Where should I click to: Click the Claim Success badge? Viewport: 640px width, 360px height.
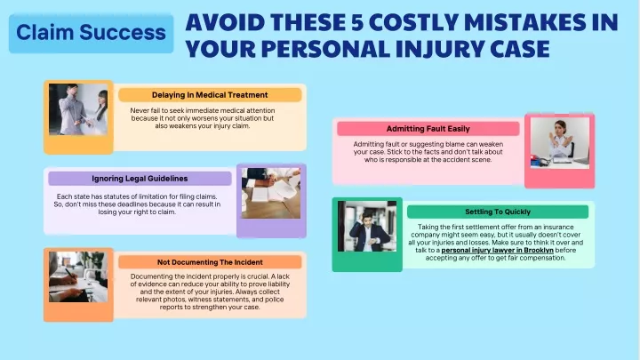tap(91, 33)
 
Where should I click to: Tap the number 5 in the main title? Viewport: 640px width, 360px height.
tap(357, 22)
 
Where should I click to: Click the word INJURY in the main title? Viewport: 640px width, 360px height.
tap(439, 49)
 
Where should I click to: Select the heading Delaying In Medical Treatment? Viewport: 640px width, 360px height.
tap(210, 95)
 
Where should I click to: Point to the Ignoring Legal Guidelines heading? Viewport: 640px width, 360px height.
tap(140, 179)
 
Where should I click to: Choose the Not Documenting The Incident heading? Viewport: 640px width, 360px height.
tap(210, 262)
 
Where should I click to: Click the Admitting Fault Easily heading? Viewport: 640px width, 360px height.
tap(428, 129)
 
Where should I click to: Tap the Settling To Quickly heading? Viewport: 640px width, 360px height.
tap(498, 212)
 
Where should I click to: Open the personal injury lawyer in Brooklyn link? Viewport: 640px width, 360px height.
tap(497, 250)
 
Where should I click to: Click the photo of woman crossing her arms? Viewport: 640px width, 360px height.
tap(560, 143)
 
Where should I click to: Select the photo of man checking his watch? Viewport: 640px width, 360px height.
tap(367, 226)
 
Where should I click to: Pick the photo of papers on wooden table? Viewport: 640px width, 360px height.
tap(271, 193)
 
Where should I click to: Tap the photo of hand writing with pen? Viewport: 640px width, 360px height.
tap(78, 277)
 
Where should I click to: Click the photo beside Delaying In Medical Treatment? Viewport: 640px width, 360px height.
tap(78, 109)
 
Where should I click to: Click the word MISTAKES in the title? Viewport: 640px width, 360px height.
tap(525, 22)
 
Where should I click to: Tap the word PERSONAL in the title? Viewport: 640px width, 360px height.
tap(325, 49)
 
